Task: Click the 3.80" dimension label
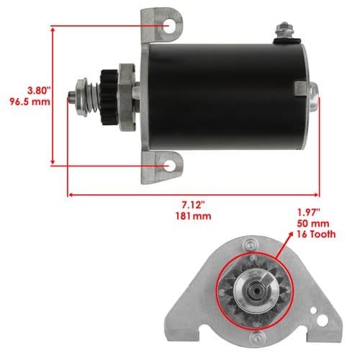click(x=39, y=91)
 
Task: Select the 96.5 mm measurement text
click(x=30, y=102)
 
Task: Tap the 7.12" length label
click(x=193, y=205)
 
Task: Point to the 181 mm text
click(x=193, y=216)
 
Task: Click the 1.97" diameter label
click(x=309, y=212)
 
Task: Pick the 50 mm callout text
click(x=313, y=223)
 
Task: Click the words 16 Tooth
click(x=316, y=234)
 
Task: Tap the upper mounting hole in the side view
click(x=169, y=26)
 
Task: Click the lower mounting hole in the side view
click(x=169, y=166)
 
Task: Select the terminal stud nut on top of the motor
click(x=284, y=30)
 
